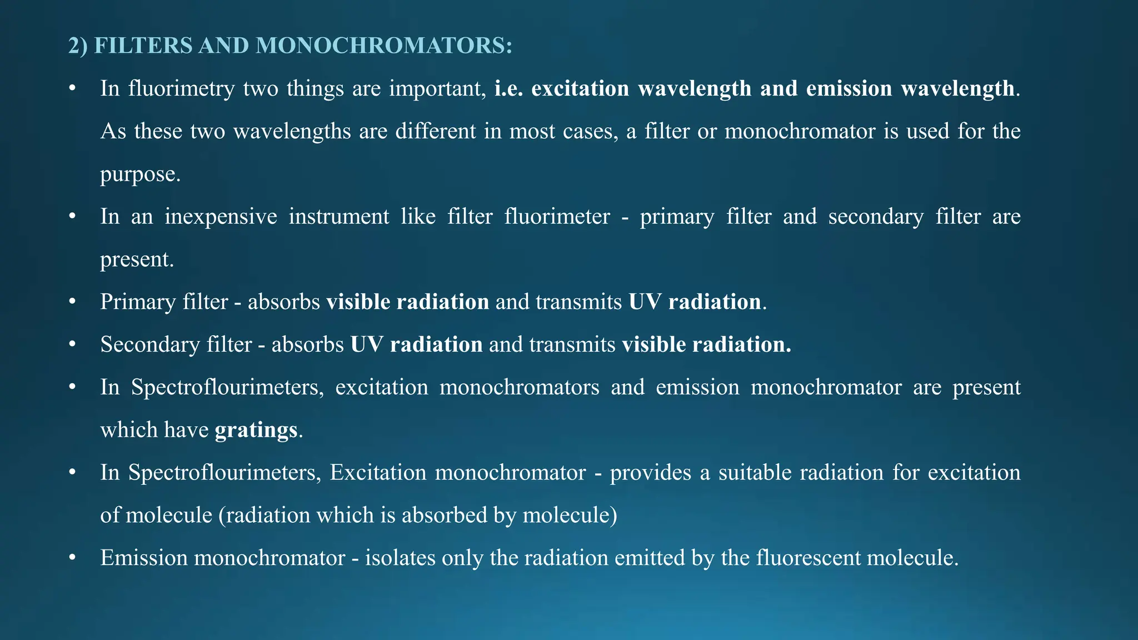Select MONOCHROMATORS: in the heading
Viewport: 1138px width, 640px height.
click(384, 46)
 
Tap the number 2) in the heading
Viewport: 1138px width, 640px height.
click(78, 46)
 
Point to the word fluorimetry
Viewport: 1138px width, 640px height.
click(182, 89)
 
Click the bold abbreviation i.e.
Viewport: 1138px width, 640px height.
click(508, 89)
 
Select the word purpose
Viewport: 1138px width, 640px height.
click(140, 174)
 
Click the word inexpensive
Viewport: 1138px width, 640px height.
click(221, 217)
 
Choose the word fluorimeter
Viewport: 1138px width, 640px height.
click(557, 217)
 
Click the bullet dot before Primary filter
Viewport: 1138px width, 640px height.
click(72, 302)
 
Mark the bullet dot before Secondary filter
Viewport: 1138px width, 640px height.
click(72, 345)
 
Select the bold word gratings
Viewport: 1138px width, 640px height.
click(256, 430)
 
